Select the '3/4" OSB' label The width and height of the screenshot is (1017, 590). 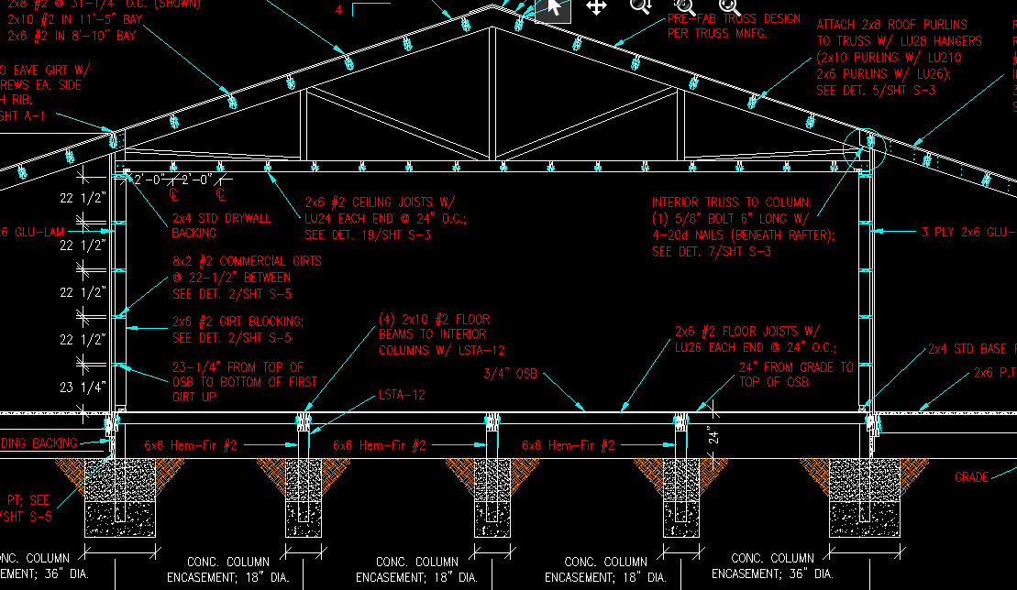point(510,374)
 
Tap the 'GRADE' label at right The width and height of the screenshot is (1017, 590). point(971,477)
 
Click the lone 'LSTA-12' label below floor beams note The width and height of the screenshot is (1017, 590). point(402,395)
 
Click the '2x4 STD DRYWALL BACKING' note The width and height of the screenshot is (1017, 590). point(221,225)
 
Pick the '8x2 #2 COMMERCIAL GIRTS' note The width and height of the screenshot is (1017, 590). point(246,277)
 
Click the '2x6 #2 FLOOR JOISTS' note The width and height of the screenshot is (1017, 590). point(756,339)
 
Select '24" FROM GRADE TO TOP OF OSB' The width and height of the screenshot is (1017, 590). point(795,375)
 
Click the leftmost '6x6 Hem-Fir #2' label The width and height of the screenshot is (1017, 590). point(191,446)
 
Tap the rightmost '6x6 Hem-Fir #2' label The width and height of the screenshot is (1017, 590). point(569,446)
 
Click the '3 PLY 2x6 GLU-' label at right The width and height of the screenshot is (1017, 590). point(968,232)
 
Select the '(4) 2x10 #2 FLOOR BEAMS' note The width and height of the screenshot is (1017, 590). point(440,334)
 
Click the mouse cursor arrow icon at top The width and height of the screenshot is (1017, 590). point(553,8)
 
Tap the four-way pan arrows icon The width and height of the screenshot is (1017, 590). point(596,7)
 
